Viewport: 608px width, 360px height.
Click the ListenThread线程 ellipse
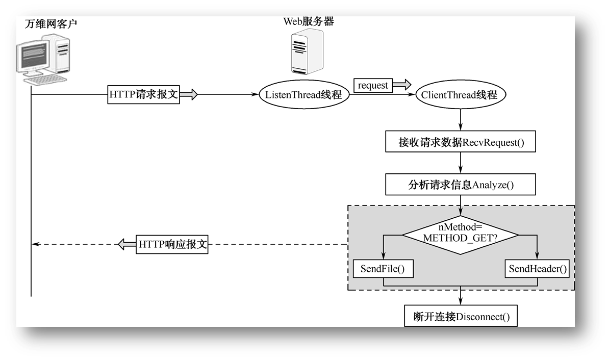point(303,95)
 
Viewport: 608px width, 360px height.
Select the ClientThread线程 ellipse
point(460,95)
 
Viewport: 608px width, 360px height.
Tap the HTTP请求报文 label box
point(144,95)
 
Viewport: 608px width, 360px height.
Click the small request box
point(373,86)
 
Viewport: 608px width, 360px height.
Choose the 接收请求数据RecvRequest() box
point(461,142)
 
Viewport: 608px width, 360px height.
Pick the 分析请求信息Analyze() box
point(461,185)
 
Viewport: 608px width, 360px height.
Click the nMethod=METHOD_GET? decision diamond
point(460,235)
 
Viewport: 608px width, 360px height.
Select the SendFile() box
point(383,269)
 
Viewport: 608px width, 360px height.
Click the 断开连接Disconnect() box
point(461,317)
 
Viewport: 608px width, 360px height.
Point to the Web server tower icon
point(307,53)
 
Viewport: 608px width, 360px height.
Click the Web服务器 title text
point(309,21)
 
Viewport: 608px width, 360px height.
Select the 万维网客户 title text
point(52,23)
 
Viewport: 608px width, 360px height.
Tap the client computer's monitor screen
point(34,56)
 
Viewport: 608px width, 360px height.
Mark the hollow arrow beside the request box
point(401,85)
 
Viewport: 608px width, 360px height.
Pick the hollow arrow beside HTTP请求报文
point(188,95)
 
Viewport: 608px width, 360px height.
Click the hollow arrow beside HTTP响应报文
point(127,244)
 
